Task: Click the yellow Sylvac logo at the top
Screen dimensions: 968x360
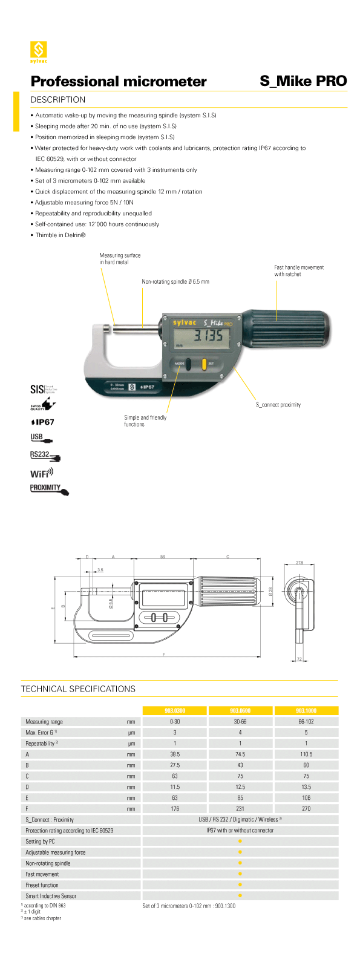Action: pos(39,51)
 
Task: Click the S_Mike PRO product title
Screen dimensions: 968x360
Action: pos(303,81)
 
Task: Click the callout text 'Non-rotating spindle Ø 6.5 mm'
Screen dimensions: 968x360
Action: pos(175,282)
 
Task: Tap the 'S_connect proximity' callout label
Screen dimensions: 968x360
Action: pos(278,405)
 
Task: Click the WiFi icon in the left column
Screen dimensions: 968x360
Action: pos(42,473)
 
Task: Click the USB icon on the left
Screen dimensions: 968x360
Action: pos(41,438)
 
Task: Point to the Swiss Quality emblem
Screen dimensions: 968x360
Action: pos(43,405)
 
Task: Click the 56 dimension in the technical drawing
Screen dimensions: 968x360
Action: pos(163,557)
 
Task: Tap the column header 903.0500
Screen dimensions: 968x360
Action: pos(240,710)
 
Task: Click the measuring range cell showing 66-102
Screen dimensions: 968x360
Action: pos(306,722)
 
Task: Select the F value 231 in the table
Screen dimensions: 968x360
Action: pos(240,809)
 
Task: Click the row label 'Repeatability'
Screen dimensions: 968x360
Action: pos(42,744)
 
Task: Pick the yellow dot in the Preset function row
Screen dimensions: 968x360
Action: pos(240,885)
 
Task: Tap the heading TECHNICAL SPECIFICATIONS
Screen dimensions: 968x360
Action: pos(78,689)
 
